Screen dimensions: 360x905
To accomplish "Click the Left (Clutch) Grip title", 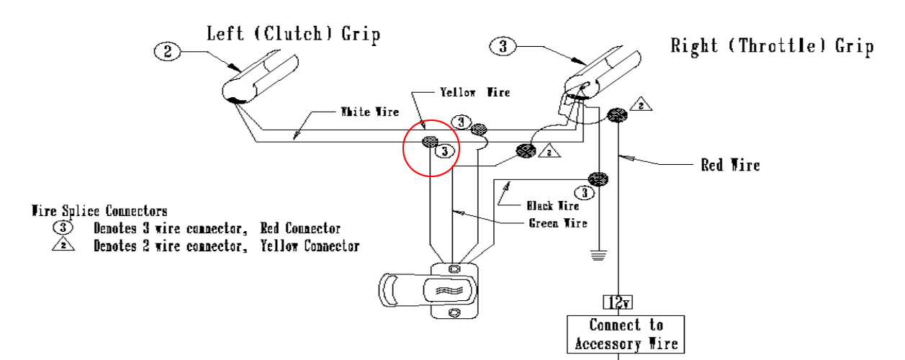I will click(293, 33).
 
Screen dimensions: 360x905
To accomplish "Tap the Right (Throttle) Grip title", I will click(772, 46).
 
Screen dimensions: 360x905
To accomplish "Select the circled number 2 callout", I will click(167, 51).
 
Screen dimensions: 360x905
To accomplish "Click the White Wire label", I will click(369, 112).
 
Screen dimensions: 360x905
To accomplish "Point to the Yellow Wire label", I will click(474, 92).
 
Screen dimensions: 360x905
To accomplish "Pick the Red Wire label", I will click(730, 165).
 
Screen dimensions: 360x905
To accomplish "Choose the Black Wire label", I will click(552, 206).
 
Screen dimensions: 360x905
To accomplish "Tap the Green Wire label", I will click(558, 223).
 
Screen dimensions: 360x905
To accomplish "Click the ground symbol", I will click(598, 254).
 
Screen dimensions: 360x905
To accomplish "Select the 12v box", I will click(617, 302).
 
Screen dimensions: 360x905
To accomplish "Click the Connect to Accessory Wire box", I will click(626, 334).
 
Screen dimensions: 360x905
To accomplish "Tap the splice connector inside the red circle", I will click(430, 141).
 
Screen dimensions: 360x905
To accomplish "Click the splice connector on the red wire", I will click(617, 114).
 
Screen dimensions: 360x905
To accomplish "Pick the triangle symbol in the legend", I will click(63, 246).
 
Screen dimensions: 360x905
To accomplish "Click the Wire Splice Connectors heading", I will click(99, 212).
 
